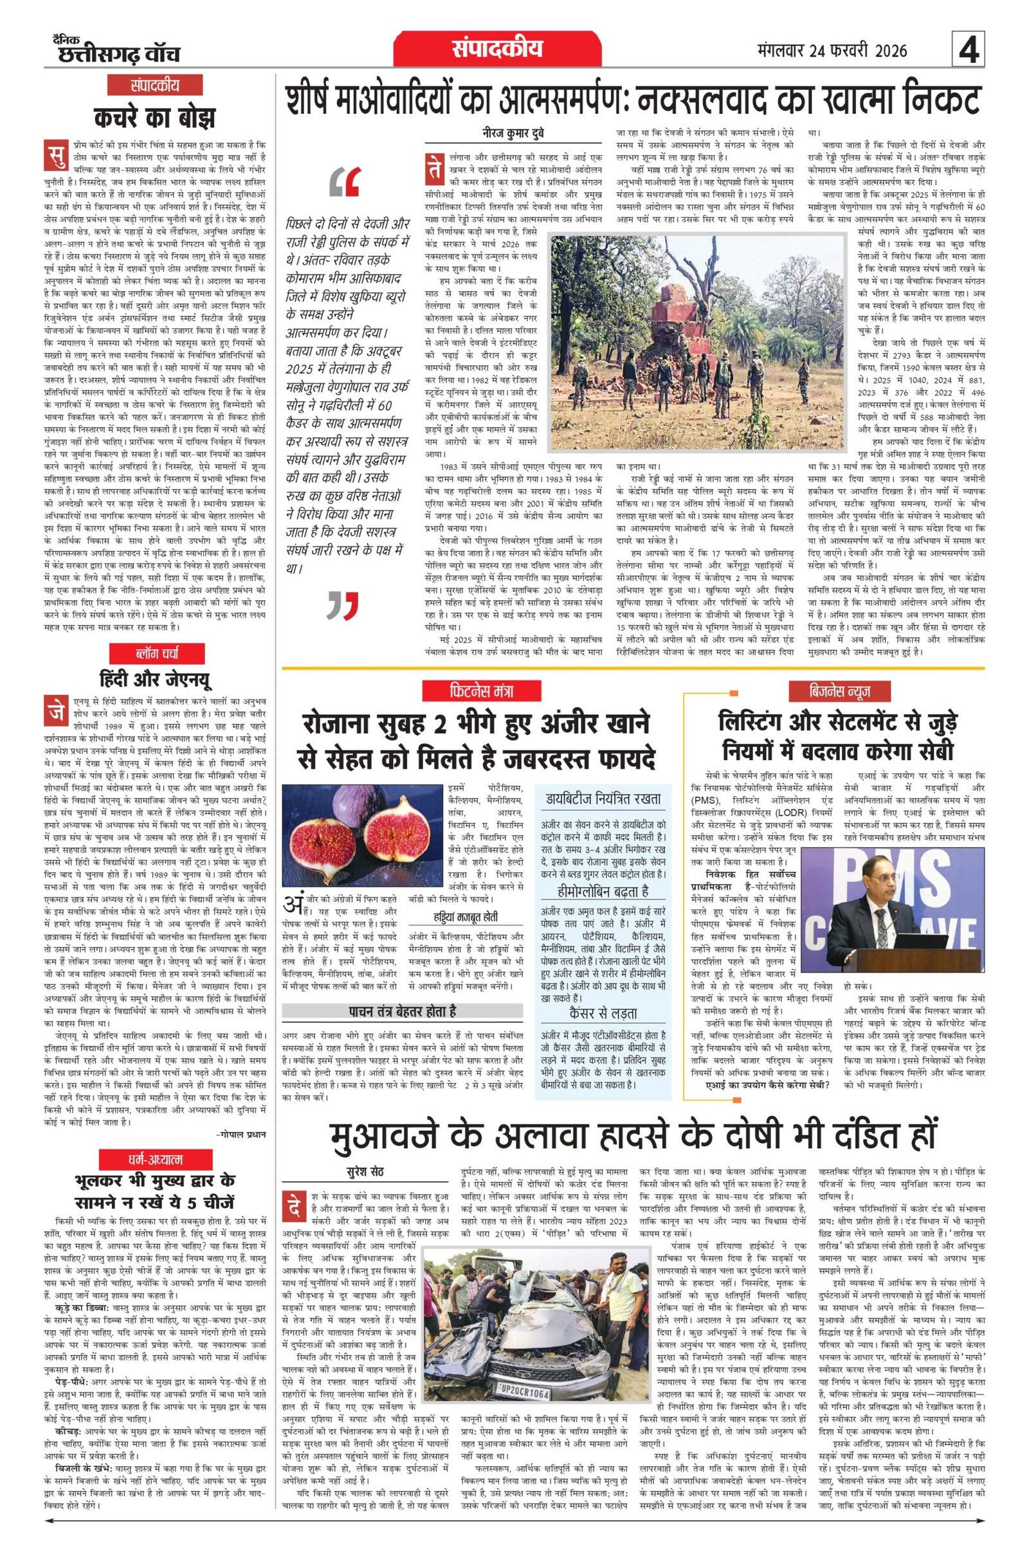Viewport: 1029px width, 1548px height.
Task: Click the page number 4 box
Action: pos(969,51)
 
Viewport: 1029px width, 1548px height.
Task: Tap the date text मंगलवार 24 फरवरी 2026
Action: pos(832,51)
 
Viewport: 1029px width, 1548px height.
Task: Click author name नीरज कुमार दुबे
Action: pos(513,134)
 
